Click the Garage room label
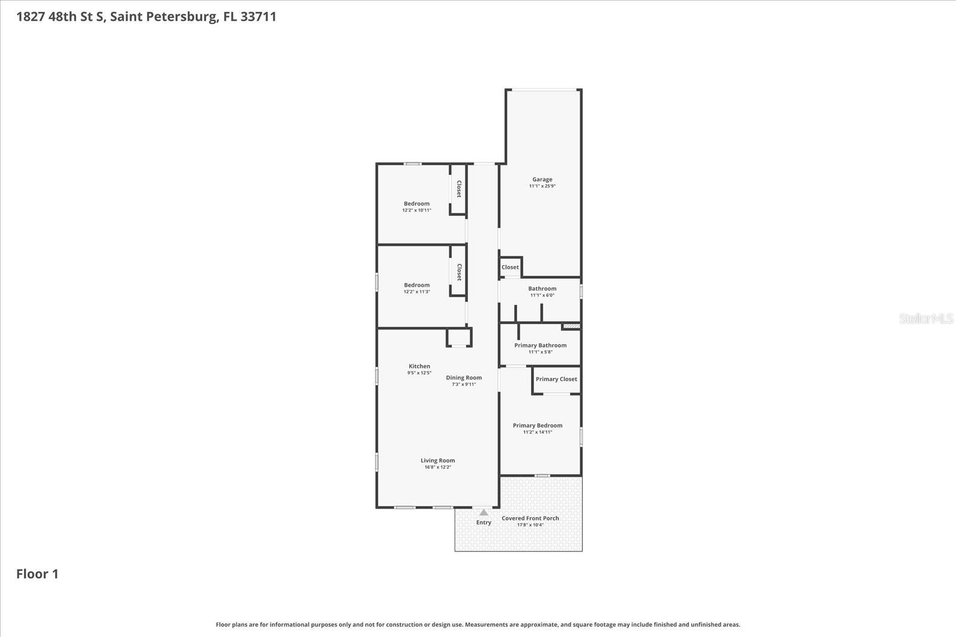542,179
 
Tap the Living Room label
437,460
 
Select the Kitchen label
419,366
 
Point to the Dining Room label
464,377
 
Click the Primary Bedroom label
537,426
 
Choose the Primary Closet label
556,379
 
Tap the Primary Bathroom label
540,345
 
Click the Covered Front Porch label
530,518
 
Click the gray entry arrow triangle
483,512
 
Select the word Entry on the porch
483,522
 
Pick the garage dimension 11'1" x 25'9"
542,186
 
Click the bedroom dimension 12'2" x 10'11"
416,210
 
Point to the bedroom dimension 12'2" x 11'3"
416,292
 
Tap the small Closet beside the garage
510,267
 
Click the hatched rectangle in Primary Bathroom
571,326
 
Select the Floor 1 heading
37,574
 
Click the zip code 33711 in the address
258,16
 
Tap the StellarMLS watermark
926,319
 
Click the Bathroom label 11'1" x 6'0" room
542,288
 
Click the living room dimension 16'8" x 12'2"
437,467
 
